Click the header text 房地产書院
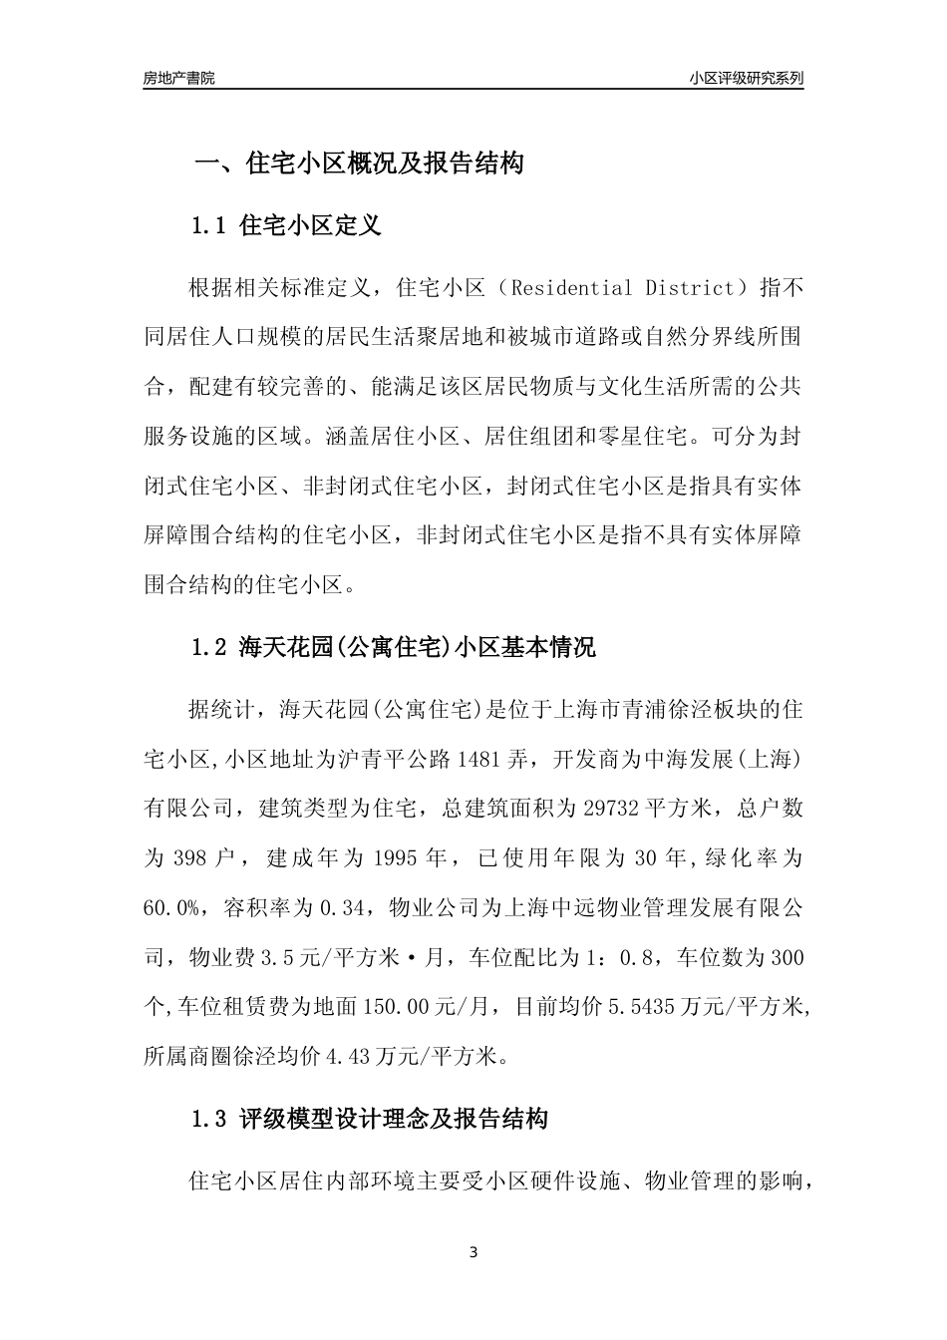[x=179, y=78]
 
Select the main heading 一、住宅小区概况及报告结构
[x=358, y=164]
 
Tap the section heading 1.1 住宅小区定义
[x=285, y=225]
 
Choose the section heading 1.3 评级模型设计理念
[x=369, y=1119]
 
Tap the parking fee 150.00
[x=393, y=1007]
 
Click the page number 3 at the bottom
[x=473, y=1253]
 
